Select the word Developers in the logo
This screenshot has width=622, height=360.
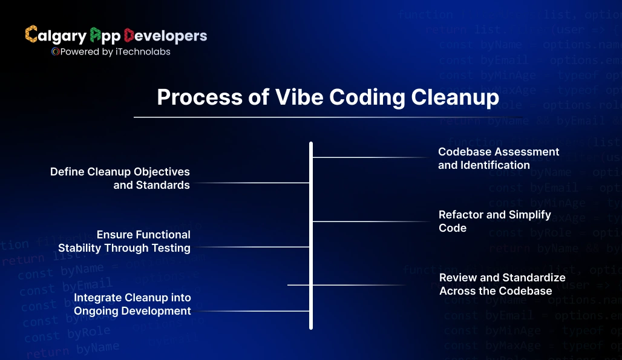pyautogui.click(x=165, y=36)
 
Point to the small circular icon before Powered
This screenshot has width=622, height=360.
pyautogui.click(x=55, y=52)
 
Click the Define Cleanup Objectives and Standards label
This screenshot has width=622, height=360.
pyautogui.click(x=120, y=178)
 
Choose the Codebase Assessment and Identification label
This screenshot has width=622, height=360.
pyautogui.click(x=499, y=159)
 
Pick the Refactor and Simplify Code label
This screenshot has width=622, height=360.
pyautogui.click(x=494, y=221)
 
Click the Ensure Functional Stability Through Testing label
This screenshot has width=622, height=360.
pyautogui.click(x=124, y=241)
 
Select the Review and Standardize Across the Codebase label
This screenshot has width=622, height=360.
pyautogui.click(x=502, y=284)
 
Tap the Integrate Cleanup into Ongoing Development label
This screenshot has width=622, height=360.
pyautogui.click(x=132, y=304)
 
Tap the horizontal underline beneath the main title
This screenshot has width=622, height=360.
pyautogui.click(x=327, y=117)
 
